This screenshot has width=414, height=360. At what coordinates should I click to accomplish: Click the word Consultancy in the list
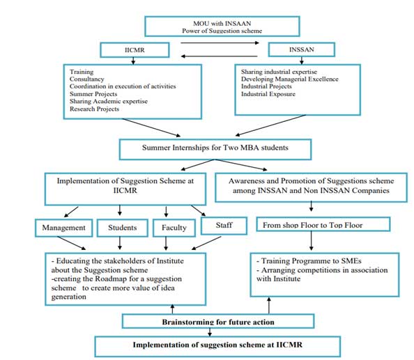tap(87, 79)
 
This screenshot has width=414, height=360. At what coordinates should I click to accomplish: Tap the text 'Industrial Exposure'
tap(268, 94)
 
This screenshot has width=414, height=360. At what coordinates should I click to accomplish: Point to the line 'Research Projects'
tap(94, 109)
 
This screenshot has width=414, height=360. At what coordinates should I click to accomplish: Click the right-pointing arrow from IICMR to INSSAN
tap(220, 42)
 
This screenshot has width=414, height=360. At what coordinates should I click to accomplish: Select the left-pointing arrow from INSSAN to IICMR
tap(219, 56)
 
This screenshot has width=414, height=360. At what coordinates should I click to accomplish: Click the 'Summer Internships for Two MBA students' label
tap(215, 148)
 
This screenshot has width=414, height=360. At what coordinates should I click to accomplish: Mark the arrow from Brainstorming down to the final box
tap(210, 332)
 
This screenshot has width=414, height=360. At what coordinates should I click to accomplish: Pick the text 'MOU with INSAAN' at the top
tap(222, 24)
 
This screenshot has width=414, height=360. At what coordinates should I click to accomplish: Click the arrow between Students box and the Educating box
tap(120, 243)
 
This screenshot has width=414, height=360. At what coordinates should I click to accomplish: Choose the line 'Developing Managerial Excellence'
tap(290, 79)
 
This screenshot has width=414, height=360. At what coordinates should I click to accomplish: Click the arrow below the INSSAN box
tap(302, 61)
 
